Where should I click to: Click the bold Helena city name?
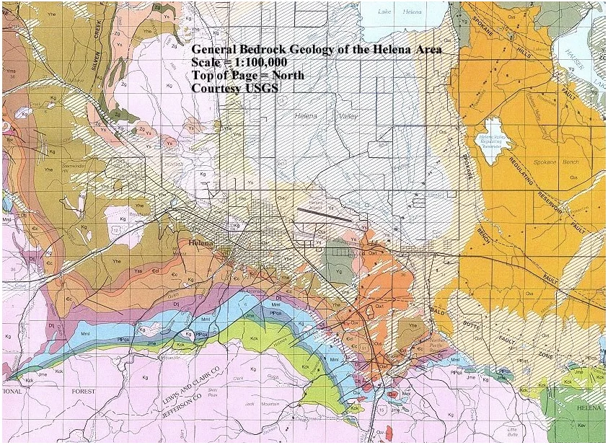pyautogui.click(x=202, y=243)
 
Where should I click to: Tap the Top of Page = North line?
pyautogui.click(x=247, y=75)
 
